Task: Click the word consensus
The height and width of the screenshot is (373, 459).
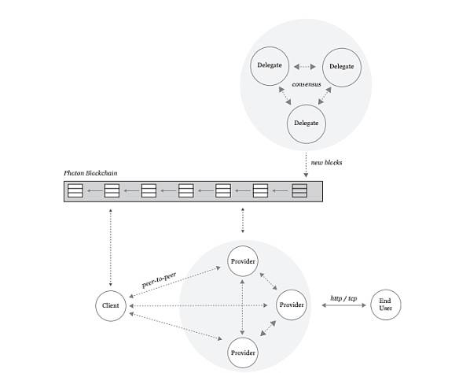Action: pos(307,84)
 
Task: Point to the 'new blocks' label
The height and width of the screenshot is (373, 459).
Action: pos(326,162)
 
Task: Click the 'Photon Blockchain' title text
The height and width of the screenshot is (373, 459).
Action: pos(90,173)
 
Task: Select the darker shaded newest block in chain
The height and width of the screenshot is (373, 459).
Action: pos(299,190)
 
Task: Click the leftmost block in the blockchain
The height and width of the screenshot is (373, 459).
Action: pos(75,190)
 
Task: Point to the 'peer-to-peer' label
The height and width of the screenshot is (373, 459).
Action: pos(159,280)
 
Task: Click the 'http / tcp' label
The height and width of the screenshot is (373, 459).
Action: pos(343,298)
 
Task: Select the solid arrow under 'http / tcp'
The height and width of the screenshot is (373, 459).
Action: pos(344,305)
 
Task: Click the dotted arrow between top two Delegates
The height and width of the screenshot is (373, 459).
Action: pos(305,67)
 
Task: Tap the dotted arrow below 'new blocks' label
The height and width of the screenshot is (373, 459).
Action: pos(306,165)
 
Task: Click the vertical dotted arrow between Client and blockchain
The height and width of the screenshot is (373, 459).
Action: pos(110,247)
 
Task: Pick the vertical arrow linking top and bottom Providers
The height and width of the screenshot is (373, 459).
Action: pos(242,307)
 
